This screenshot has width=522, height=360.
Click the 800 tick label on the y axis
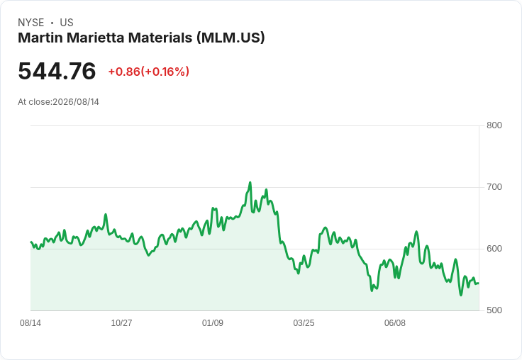point(494,125)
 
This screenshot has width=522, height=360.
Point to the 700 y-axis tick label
point(494,187)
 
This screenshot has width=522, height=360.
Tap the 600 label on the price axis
point(494,249)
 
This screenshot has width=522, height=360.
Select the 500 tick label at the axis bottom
point(494,310)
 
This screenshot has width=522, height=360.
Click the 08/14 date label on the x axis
point(30,322)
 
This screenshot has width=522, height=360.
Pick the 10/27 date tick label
point(121,322)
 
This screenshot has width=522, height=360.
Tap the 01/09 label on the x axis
point(212,322)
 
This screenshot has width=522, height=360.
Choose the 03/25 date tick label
point(304,322)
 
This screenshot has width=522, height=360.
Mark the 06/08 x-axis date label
point(395,322)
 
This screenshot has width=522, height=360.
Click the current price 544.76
point(57,71)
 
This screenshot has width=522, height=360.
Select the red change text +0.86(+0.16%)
point(149,72)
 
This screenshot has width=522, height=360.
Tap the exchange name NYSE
point(31,23)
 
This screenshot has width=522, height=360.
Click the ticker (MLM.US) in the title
point(231,38)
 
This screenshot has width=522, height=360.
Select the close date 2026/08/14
point(76,102)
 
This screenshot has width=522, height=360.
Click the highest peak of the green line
point(250,182)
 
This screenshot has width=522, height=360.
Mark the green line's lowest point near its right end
point(461,295)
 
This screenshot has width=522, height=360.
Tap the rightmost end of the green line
point(479,283)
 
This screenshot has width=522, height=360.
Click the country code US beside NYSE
point(67,23)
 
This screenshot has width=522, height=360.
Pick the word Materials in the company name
point(160,38)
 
